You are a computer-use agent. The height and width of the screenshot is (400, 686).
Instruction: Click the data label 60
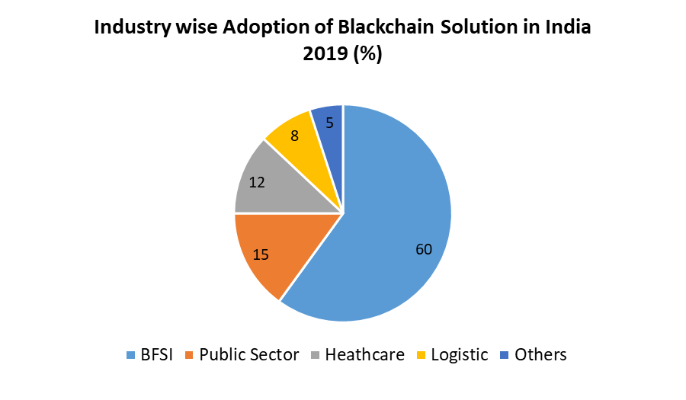pyautogui.click(x=424, y=248)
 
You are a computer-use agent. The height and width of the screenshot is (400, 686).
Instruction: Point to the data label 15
pyautogui.click(x=261, y=254)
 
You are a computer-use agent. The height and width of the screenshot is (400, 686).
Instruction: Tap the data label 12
pyautogui.click(x=257, y=183)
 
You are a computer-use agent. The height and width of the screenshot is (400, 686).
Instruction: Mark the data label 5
pyautogui.click(x=329, y=122)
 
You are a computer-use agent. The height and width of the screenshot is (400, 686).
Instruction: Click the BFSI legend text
pyautogui.click(x=156, y=354)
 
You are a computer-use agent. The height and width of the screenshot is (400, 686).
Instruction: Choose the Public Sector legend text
pyautogui.click(x=249, y=354)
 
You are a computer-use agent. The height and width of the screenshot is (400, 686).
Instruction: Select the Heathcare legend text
pyautogui.click(x=364, y=354)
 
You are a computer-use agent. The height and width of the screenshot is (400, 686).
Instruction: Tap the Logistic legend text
pyautogui.click(x=459, y=354)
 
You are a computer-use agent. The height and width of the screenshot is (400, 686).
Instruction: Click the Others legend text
pyautogui.click(x=540, y=354)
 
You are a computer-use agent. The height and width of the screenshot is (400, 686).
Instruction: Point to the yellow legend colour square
pyautogui.click(x=422, y=355)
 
